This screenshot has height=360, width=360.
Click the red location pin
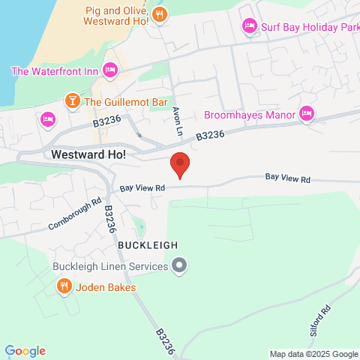(x=179, y=163)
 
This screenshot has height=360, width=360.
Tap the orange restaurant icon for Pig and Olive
(x=159, y=14)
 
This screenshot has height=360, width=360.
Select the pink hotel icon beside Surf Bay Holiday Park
(x=250, y=27)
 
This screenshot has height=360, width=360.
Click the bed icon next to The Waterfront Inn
(x=110, y=70)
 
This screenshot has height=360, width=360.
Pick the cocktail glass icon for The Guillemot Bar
(x=72, y=100)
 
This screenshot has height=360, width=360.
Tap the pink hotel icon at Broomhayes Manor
(x=305, y=114)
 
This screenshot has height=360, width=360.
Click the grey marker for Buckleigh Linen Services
(x=179, y=265)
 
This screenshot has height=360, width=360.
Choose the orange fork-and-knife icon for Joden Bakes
(x=64, y=286)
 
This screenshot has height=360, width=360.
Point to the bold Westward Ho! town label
(x=88, y=154)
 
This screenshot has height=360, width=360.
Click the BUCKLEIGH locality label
(x=147, y=245)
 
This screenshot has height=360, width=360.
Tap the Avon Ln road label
(x=178, y=119)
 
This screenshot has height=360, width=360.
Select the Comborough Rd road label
(x=75, y=214)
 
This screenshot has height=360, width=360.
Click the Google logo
(x=25, y=351)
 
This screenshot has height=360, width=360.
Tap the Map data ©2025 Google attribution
(x=313, y=354)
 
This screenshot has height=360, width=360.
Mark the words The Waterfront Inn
(x=55, y=71)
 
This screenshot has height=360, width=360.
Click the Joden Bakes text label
(x=106, y=287)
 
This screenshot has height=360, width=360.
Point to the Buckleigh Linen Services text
(x=110, y=266)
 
